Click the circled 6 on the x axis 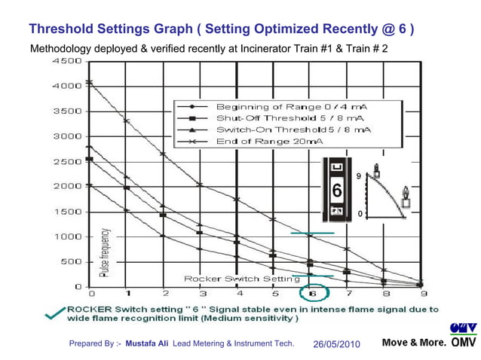(x=311, y=294)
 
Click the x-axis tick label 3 (x=203, y=294)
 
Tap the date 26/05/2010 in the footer (x=336, y=344)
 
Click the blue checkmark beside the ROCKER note (x=55, y=316)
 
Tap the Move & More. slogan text (x=414, y=343)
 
